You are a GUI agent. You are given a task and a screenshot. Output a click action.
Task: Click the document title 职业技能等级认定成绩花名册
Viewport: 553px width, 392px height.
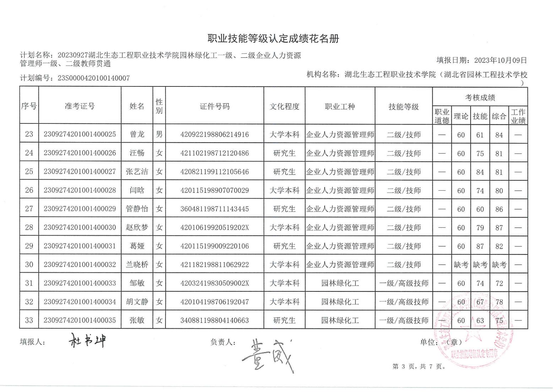(273, 39)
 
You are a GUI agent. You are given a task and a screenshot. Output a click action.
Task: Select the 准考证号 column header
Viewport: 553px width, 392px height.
(80, 106)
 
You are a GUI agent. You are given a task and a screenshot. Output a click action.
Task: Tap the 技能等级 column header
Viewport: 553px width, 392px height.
(403, 106)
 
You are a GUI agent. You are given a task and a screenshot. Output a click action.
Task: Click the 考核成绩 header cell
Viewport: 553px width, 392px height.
(480, 97)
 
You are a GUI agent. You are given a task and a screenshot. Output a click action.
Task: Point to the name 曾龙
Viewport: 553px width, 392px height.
(137, 134)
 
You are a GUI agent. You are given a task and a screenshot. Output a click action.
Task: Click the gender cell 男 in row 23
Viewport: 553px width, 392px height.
(159, 134)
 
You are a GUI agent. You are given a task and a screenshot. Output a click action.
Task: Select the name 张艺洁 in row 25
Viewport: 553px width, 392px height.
(137, 171)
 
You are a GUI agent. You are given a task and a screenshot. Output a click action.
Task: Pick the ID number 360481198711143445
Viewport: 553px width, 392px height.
(215, 209)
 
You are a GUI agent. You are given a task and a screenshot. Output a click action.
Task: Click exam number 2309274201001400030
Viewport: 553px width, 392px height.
(80, 227)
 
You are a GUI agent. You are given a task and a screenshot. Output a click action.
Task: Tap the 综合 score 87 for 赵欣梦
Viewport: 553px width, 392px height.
(499, 227)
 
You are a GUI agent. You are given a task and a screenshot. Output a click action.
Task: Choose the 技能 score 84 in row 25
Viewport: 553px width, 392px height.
(480, 172)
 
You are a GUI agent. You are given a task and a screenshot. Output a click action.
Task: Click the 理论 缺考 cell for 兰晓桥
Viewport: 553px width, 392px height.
(461, 265)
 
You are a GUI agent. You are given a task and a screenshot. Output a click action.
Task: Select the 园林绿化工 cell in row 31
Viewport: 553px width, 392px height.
(340, 283)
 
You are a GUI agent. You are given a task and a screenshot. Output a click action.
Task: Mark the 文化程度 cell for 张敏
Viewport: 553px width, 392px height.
(284, 320)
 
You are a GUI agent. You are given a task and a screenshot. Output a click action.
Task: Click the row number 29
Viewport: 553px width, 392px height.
(29, 246)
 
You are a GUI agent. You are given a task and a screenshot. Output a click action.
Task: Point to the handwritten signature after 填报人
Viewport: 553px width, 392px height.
(87, 341)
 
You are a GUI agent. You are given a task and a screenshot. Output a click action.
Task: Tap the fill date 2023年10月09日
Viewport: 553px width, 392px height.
(500, 60)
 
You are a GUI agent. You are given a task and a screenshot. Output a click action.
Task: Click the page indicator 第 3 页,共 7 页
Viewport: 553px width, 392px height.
(419, 366)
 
